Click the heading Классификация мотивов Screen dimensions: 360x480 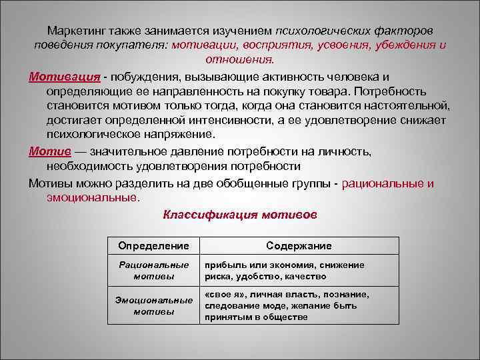pyautogui.click(x=240, y=215)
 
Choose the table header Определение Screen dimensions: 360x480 pyautogui.click(x=153, y=246)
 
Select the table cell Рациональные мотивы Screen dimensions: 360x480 pyautogui.click(x=153, y=270)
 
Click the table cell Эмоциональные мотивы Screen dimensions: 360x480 pyautogui.click(x=153, y=305)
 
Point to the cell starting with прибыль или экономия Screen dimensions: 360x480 pyautogui.click(x=285, y=270)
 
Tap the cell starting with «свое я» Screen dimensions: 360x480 pyautogui.click(x=287, y=305)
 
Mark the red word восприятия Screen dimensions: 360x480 pyautogui.click(x=263, y=45)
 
